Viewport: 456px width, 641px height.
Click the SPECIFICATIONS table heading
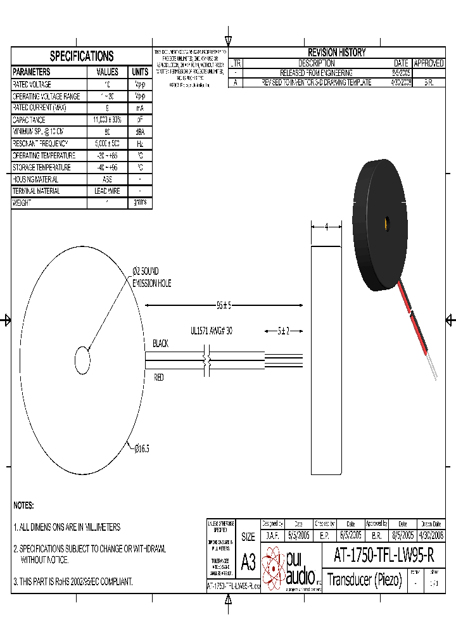(x=82, y=56)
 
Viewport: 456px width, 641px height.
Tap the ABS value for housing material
(x=107, y=179)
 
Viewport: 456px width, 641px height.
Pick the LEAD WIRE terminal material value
(x=107, y=191)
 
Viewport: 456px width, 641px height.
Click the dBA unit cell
(x=140, y=132)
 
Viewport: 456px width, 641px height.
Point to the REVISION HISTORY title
(x=336, y=53)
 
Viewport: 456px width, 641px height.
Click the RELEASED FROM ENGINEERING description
(x=316, y=73)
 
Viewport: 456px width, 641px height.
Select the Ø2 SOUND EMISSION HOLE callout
(x=151, y=277)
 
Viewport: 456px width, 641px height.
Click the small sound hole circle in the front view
(x=83, y=360)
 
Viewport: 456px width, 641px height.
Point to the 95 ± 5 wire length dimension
(x=224, y=305)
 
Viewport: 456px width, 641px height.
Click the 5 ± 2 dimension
(x=283, y=331)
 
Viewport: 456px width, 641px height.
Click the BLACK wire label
(x=161, y=344)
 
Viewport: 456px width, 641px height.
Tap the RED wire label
(x=159, y=378)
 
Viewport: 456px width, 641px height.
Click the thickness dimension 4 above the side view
(x=326, y=227)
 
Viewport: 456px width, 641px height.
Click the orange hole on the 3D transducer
(x=384, y=222)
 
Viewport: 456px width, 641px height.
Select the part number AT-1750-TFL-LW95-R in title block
(x=383, y=555)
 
